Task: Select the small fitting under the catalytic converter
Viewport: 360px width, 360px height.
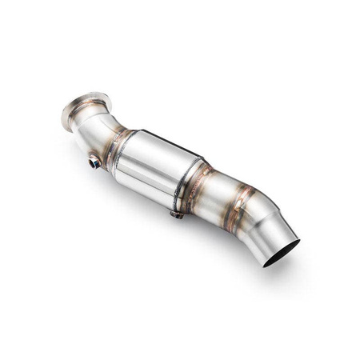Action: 177,214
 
